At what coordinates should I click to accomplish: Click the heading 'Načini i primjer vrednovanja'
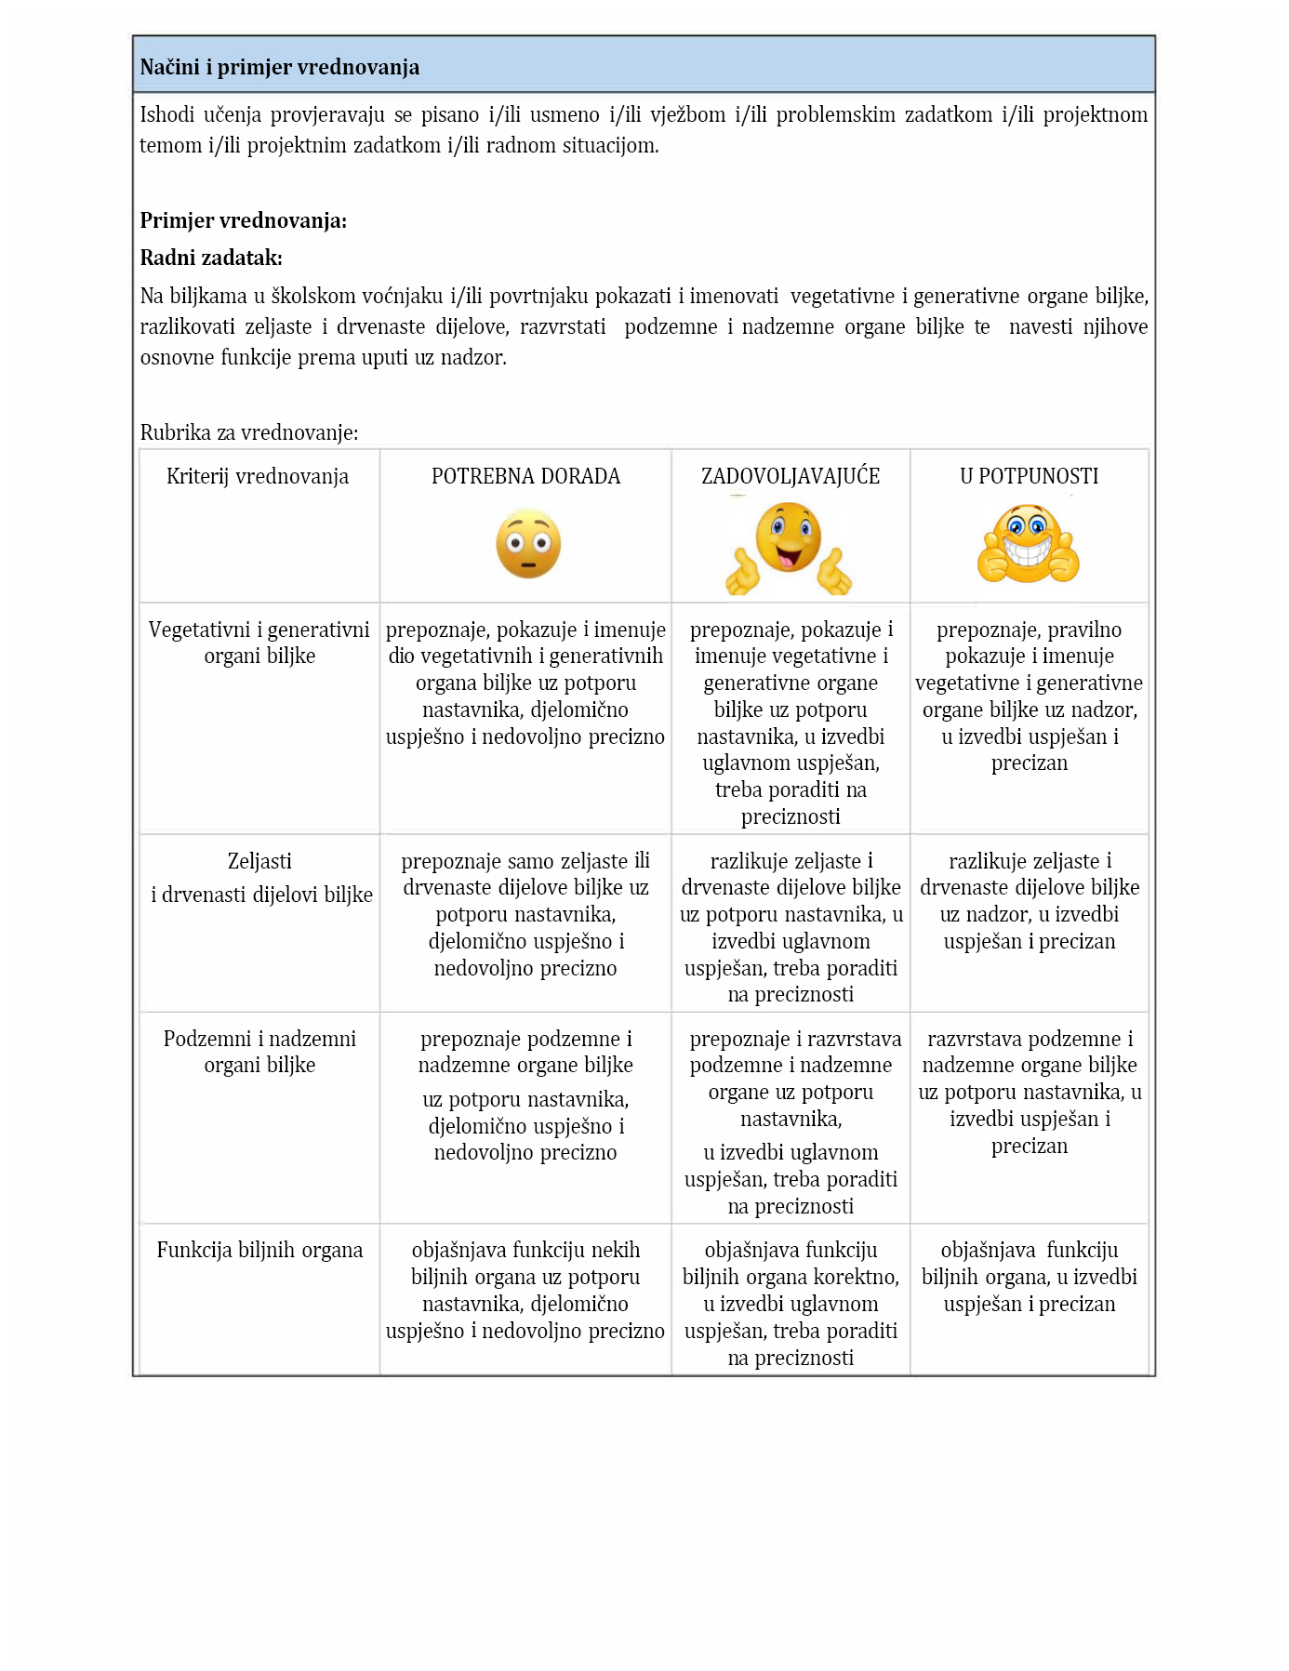tap(279, 67)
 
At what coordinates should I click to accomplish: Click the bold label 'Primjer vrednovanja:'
tap(243, 220)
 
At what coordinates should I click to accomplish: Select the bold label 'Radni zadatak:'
tap(211, 258)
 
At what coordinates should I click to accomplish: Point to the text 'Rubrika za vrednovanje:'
tap(248, 432)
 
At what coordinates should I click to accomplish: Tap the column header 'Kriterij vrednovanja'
tap(258, 476)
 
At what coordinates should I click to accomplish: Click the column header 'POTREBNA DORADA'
tap(525, 476)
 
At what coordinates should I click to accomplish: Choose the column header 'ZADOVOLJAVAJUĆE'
tap(791, 476)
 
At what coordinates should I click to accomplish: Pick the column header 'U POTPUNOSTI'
tap(1029, 476)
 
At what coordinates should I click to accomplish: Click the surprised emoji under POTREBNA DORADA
tap(528, 544)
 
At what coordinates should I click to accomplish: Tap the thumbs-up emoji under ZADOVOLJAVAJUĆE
tap(789, 548)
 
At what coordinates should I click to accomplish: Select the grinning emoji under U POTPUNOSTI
tap(1028, 544)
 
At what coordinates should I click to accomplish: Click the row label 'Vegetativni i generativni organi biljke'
tap(259, 643)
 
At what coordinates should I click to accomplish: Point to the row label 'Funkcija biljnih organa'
tap(259, 1250)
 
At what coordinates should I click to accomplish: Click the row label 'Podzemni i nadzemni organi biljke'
tap(259, 1052)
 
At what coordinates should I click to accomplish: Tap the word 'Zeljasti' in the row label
tap(259, 861)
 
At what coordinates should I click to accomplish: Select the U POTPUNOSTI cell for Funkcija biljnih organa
tap(1029, 1277)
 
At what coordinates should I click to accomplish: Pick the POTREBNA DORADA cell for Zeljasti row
tap(525, 915)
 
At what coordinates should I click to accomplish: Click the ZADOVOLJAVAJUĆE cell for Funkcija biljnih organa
tap(791, 1303)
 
